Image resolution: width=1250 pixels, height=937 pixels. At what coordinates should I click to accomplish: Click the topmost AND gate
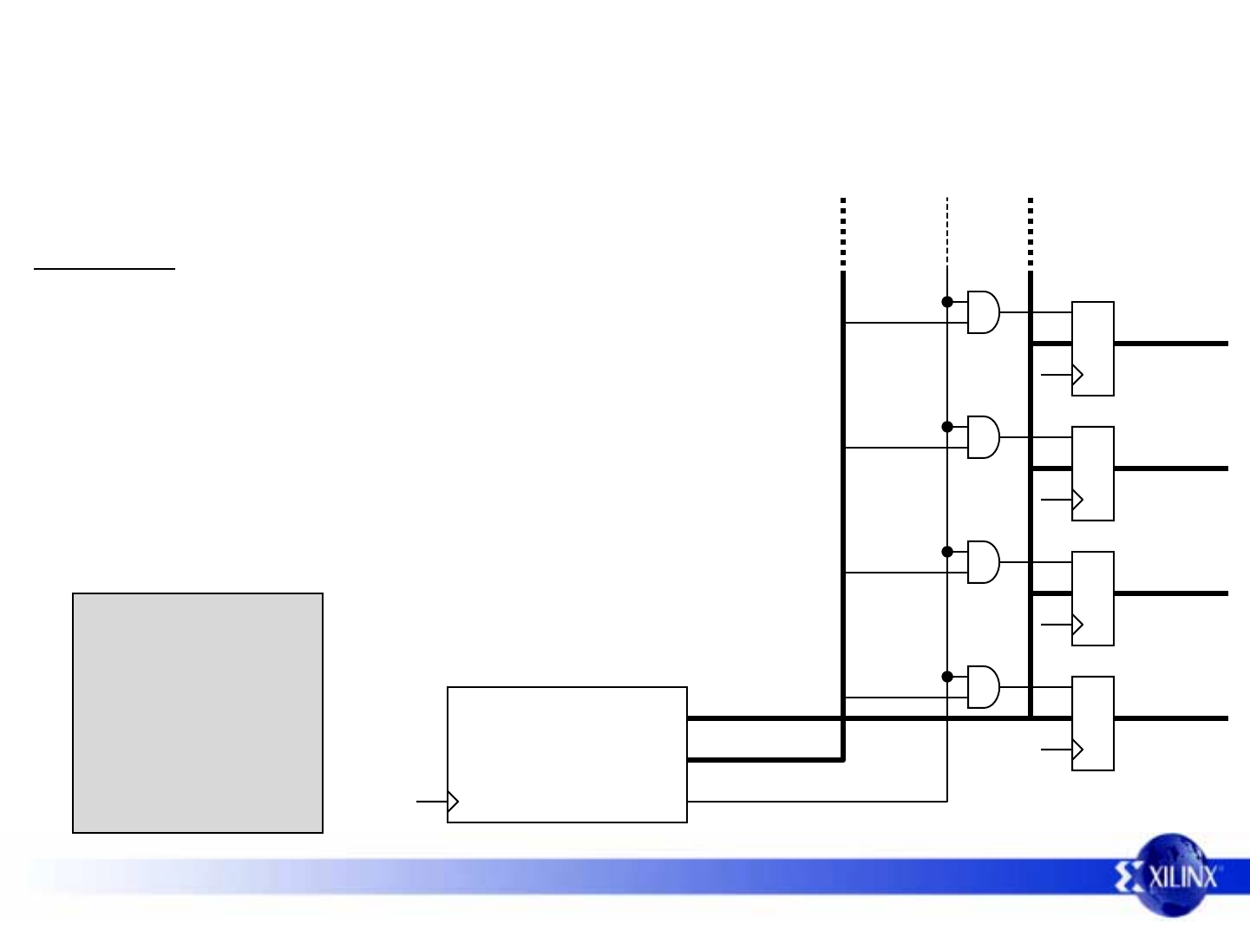[984, 312]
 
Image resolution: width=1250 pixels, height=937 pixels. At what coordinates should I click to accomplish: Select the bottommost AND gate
[984, 687]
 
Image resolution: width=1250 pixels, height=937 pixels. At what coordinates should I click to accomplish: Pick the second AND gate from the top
[984, 437]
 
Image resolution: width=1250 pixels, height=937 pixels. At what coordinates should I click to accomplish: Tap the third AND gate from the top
[984, 562]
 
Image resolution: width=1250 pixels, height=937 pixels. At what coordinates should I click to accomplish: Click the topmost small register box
[1093, 349]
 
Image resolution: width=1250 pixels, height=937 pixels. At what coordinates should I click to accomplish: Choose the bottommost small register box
[1093, 724]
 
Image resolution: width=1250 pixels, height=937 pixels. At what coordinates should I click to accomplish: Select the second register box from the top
[1093, 474]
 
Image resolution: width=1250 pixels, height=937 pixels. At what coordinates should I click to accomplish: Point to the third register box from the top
[1093, 599]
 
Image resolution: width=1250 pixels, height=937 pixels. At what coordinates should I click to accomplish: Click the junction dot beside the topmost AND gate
[947, 302]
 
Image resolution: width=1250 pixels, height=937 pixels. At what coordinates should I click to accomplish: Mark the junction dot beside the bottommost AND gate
[947, 677]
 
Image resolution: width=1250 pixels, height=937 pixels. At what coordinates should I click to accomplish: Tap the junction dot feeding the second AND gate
[947, 427]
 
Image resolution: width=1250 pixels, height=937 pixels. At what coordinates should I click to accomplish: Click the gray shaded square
[198, 713]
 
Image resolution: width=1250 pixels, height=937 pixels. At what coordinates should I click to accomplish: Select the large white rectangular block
[567, 755]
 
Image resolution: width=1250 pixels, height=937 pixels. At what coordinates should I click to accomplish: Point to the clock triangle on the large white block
[453, 802]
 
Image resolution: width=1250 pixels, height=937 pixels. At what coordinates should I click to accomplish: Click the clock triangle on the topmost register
[1077, 375]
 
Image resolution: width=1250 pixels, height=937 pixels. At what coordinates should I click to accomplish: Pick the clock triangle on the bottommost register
[1077, 750]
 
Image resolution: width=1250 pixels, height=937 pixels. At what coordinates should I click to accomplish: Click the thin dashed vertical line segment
[947, 233]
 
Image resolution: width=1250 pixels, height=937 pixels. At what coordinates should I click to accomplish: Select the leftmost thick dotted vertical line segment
[843, 233]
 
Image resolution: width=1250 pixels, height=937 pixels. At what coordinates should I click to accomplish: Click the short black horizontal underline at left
[104, 269]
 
